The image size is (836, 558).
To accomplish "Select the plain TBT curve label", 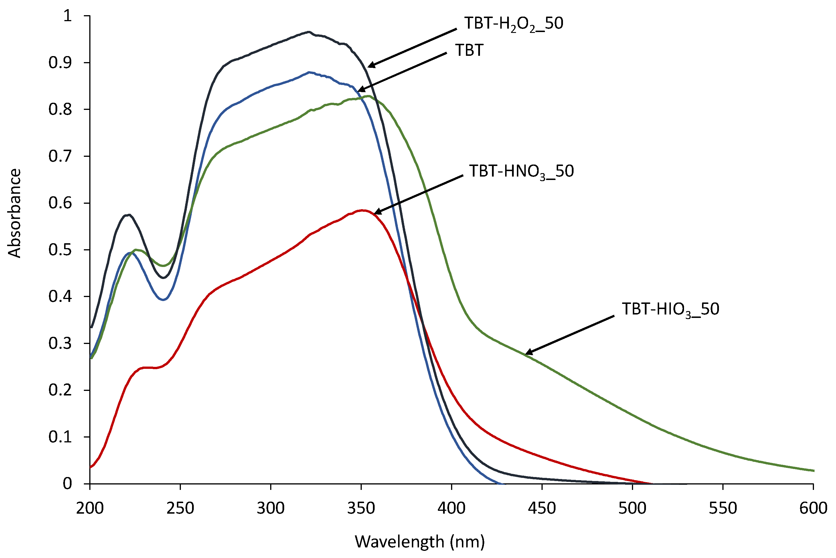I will tap(469, 51).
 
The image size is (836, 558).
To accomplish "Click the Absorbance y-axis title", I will tap(15, 213).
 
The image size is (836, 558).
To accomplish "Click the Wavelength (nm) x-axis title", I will tap(420, 542).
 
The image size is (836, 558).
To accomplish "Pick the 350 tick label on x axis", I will tap(361, 508).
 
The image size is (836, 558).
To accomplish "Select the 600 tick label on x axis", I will tap(813, 508).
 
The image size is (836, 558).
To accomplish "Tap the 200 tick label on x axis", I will tap(90, 508).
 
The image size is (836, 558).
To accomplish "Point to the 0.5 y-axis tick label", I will tap(60, 250).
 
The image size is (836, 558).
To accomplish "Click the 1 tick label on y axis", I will tap(67, 16).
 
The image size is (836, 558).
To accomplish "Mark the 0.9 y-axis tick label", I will tap(60, 63).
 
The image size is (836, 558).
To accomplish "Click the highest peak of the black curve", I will tap(309, 32).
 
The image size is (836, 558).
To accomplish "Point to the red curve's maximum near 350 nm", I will tap(362, 210).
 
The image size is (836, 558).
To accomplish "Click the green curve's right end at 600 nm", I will tap(813, 471).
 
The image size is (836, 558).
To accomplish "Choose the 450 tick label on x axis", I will tap(542, 508).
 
